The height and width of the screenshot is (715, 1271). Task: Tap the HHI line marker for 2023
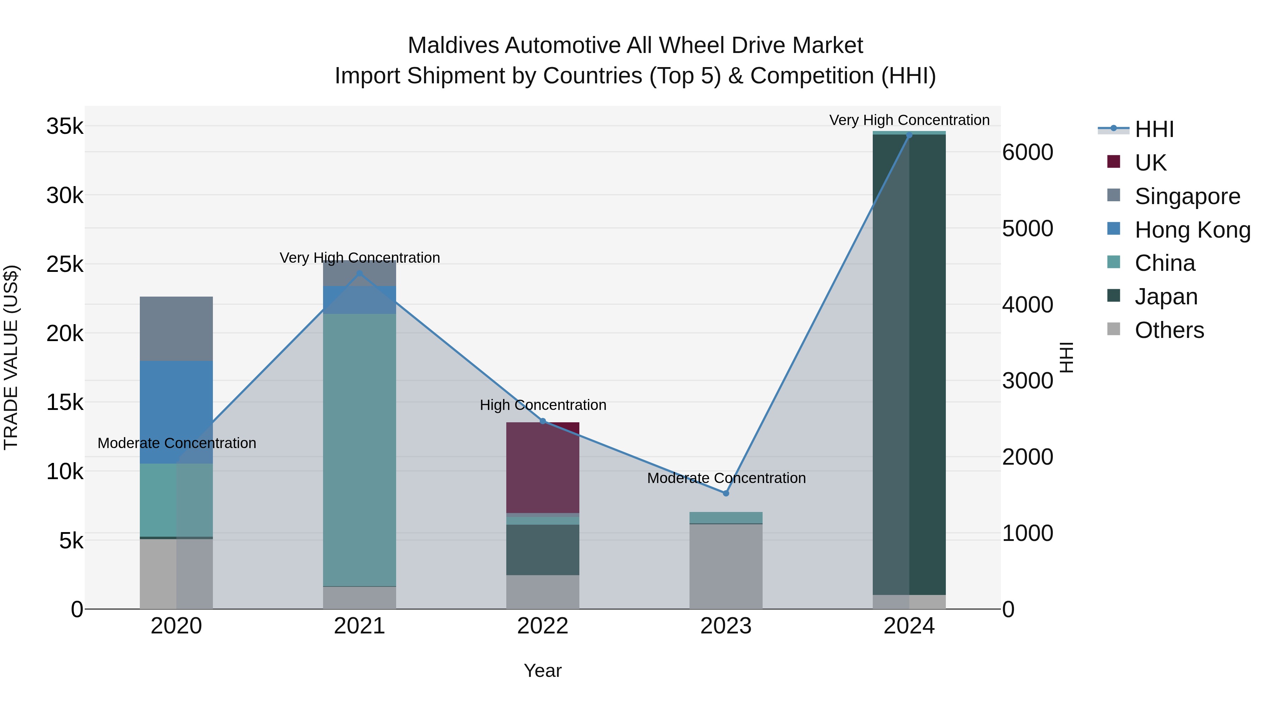click(x=726, y=493)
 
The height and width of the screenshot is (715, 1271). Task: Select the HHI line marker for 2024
click(x=909, y=135)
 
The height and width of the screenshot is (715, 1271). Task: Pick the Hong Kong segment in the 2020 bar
click(x=176, y=412)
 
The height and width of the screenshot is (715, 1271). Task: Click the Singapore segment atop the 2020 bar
click(x=176, y=329)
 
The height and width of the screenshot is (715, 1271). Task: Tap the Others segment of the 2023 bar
click(x=726, y=566)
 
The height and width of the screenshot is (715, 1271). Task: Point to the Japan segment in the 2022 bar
click(x=543, y=550)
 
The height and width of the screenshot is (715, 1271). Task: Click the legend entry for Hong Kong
click(x=1192, y=230)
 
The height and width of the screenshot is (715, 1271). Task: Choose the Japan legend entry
click(x=1165, y=297)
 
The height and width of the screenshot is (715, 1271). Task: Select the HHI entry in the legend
click(x=1153, y=129)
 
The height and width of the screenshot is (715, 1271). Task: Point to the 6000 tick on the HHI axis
click(x=1027, y=153)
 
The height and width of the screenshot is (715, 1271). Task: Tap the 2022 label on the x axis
click(x=543, y=626)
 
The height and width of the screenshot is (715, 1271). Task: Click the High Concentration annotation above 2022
click(x=543, y=405)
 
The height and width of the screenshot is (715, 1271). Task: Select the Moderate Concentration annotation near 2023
click(x=726, y=478)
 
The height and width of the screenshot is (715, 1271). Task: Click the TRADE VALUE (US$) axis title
click(x=11, y=357)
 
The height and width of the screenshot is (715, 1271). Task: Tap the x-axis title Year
click(x=543, y=671)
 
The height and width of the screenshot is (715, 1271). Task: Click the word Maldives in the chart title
click(x=453, y=46)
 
